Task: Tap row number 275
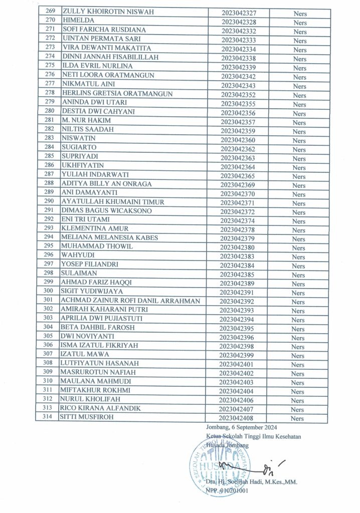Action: pyautogui.click(x=49, y=66)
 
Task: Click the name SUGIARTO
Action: pyautogui.click(x=79, y=147)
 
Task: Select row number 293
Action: pyautogui.click(x=49, y=228)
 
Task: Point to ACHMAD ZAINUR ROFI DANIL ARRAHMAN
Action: pyautogui.click(x=130, y=300)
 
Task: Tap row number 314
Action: pyautogui.click(x=49, y=417)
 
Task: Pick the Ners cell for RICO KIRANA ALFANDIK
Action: pyautogui.click(x=299, y=409)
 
